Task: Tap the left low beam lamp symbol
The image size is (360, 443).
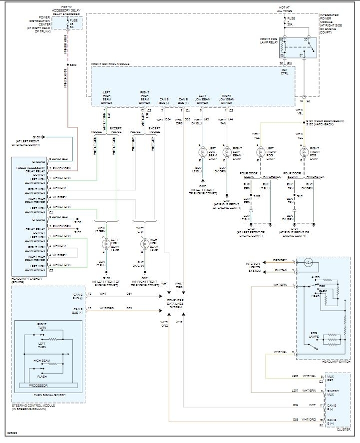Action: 203,152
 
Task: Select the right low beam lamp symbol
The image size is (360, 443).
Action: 226,152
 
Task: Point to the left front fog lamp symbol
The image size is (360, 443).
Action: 260,152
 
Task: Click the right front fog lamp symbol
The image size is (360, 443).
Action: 303,152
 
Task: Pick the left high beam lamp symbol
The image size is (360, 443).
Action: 105,243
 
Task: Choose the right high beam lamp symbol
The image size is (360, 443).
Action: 145,243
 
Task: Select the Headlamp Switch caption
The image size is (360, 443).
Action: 337,361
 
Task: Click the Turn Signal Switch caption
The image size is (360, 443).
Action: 49,395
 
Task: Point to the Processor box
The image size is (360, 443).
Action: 48,386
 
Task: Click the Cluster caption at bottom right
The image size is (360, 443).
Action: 343,430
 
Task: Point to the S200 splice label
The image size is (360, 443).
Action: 73,65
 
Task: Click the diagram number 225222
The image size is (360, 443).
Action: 11,433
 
